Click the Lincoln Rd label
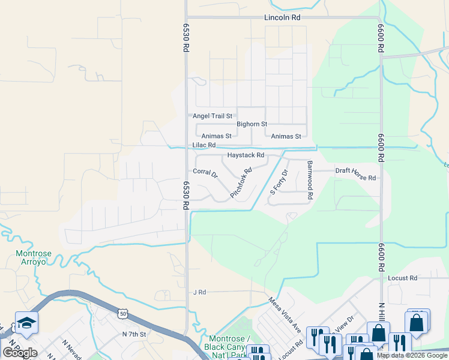282,18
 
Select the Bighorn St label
252,124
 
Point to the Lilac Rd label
203,145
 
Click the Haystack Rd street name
246,155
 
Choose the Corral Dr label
205,173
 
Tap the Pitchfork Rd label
241,183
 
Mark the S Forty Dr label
279,182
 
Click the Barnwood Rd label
310,179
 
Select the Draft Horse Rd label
355,174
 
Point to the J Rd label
199,292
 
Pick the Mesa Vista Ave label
284,316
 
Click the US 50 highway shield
122,313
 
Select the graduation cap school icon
26,323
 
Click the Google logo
20,353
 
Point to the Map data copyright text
411,355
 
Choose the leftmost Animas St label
216,136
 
